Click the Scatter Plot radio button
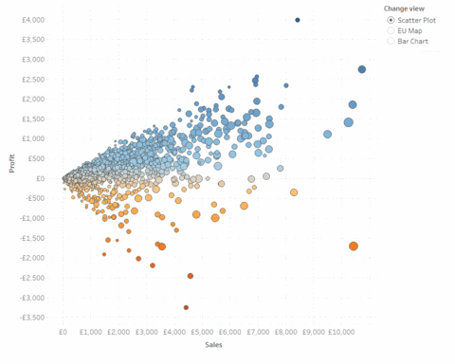tap(391, 19)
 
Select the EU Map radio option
tap(391, 31)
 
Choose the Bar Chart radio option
tap(391, 43)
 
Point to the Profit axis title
tap(11, 168)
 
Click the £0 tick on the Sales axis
tap(63, 333)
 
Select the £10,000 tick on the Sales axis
tap(341, 333)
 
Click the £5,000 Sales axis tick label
tap(202, 333)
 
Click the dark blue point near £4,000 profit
tap(298, 20)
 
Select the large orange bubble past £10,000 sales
tap(354, 246)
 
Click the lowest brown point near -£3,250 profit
tap(186, 307)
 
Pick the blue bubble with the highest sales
tap(362, 69)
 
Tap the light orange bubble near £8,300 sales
tap(294, 192)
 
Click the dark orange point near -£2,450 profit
tap(191, 276)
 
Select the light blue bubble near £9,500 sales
tap(328, 134)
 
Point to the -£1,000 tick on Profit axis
tap(33, 217)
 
